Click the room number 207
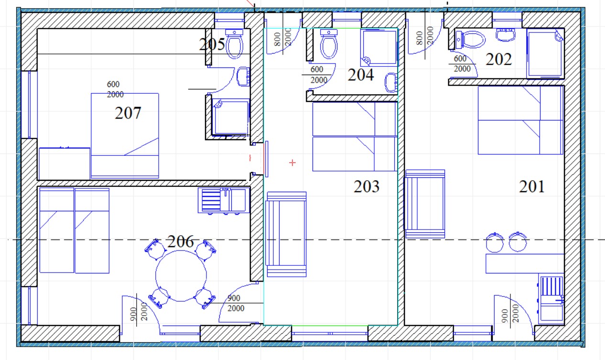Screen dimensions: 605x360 [128, 113]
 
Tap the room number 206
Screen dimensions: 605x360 [181, 241]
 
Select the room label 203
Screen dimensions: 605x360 [367, 186]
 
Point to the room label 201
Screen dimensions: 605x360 [531, 186]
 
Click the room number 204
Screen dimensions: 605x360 [361, 75]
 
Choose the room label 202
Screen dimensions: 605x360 [498, 59]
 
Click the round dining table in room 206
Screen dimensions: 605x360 [181, 276]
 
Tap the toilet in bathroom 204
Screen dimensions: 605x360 [329, 44]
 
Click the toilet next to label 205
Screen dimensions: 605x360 [234, 44]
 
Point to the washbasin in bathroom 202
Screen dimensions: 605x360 [506, 34]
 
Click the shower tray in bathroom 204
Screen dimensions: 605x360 [379, 47]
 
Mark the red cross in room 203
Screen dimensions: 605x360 [292, 163]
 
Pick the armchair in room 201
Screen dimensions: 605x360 [424, 204]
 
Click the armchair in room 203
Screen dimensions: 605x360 [286, 234]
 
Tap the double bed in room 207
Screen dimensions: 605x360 [125, 136]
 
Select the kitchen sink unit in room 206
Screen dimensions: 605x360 [224, 200]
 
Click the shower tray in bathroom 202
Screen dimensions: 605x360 [545, 54]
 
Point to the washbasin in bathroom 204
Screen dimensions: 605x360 [391, 83]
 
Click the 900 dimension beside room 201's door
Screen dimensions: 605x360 [505, 316]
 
